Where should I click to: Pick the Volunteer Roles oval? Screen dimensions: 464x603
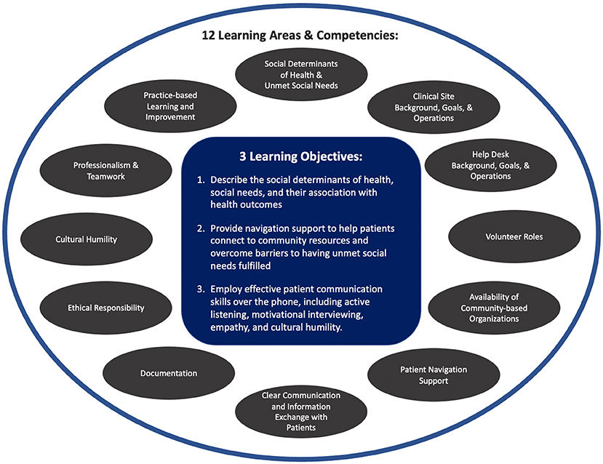click(503, 236)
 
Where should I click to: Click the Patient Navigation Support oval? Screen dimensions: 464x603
click(424, 374)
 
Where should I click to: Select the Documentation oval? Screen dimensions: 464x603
click(169, 373)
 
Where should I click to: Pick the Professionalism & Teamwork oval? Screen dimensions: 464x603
click(106, 171)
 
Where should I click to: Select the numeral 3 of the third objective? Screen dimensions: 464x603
click(200, 289)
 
